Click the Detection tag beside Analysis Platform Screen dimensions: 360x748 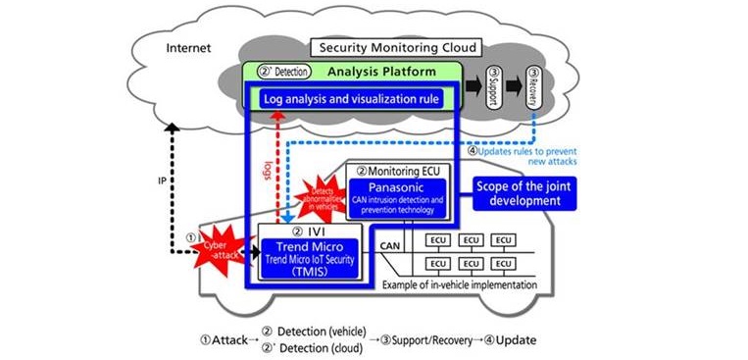pyautogui.click(x=283, y=72)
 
